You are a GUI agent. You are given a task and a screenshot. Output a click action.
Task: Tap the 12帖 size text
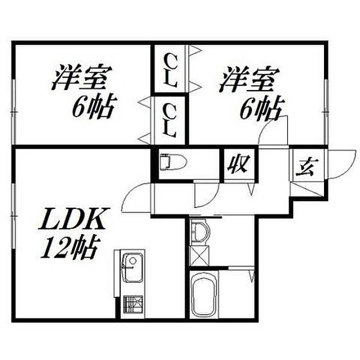[x=69, y=248]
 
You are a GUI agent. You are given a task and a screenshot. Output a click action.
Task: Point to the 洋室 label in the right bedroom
[x=250, y=80]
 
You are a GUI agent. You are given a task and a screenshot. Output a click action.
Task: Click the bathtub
[x=202, y=297]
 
